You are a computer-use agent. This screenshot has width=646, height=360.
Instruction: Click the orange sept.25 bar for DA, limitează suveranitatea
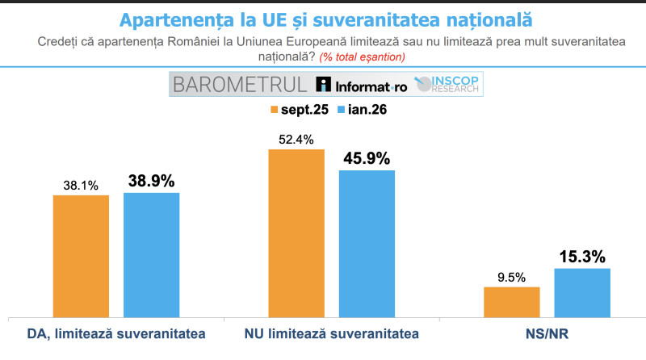[81, 256]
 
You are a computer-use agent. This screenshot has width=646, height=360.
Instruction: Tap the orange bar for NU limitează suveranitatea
[296, 233]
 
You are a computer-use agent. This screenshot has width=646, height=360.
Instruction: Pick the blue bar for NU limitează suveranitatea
[367, 244]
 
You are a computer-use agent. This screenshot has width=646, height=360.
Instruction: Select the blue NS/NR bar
[581, 292]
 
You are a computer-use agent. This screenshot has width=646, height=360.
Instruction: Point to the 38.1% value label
[81, 186]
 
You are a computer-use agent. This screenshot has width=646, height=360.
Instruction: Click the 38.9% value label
[151, 181]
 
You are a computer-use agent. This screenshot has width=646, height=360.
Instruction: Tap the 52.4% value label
[296, 139]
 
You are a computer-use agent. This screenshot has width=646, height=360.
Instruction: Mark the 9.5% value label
[511, 276]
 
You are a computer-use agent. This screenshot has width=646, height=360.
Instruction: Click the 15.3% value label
[581, 256]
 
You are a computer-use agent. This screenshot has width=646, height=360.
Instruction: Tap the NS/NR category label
[546, 333]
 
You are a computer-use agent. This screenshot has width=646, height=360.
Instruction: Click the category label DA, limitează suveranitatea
[115, 333]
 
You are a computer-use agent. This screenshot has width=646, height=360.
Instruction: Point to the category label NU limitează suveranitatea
[331, 333]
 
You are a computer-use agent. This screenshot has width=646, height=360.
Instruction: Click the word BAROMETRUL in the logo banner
[239, 85]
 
